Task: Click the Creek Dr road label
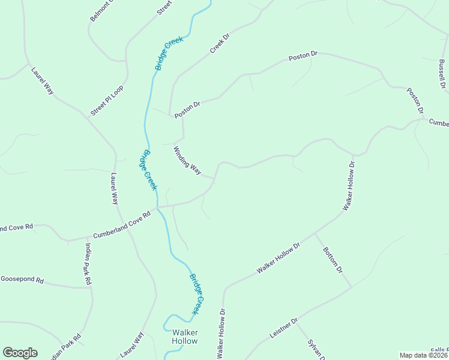[x=220, y=43]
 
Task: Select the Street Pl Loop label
[x=106, y=100]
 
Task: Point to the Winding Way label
[x=187, y=160]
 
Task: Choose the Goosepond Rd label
[x=22, y=280]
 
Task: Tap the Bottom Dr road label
[x=332, y=260]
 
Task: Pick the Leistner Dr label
[x=283, y=329]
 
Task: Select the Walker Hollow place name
[x=184, y=337]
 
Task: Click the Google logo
[x=20, y=353]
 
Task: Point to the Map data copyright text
[x=424, y=355]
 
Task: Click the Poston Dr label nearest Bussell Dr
[x=415, y=101]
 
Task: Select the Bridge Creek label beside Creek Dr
[x=169, y=52]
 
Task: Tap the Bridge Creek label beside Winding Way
[x=148, y=170]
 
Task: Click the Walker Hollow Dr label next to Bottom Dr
[x=279, y=259]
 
